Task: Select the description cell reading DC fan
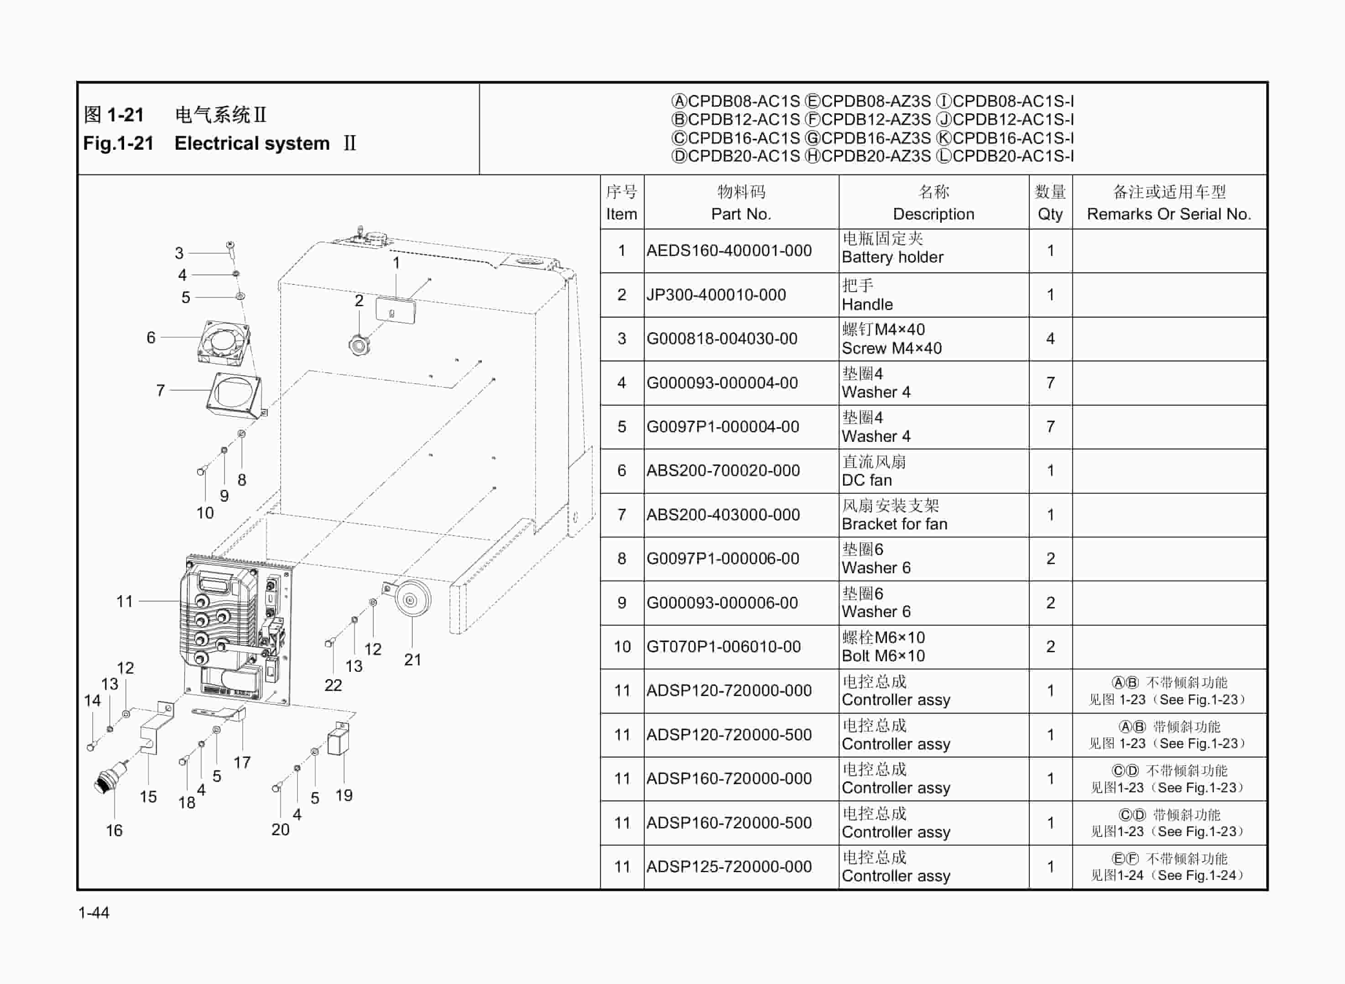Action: (x=866, y=480)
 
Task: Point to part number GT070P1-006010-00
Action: (x=724, y=647)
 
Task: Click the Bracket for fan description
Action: (x=894, y=524)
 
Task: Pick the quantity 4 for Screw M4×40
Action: (x=1050, y=339)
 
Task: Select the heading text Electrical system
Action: (x=252, y=144)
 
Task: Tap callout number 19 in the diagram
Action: (x=344, y=795)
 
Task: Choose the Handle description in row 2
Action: (x=867, y=304)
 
